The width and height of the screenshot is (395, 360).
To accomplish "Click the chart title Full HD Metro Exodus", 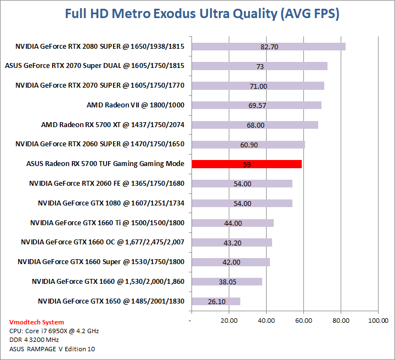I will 202,14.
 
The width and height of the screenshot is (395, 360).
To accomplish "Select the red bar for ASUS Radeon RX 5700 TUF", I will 246,164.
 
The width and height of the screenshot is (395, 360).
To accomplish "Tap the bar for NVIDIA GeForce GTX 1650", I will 216,301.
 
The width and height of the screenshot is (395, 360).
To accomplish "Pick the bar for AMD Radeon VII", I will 256,105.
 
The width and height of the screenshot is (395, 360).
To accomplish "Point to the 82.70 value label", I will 269,47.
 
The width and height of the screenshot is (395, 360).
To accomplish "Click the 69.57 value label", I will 257,105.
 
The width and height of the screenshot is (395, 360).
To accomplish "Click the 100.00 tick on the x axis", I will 378,320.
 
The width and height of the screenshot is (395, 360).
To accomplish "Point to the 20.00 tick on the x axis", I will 228,320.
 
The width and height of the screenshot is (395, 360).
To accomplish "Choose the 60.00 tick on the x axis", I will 303,320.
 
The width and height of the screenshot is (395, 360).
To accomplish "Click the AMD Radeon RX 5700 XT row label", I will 112,125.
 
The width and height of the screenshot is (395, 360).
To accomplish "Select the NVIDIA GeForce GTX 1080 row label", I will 111,203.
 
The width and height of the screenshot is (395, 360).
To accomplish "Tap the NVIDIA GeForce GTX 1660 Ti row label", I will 107,222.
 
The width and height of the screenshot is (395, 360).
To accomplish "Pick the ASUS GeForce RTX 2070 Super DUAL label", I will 94,66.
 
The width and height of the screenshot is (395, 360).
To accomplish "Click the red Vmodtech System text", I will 36,322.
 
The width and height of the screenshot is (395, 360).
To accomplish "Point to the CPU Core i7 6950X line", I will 54,331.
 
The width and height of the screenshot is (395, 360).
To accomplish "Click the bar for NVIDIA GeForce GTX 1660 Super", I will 230,262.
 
